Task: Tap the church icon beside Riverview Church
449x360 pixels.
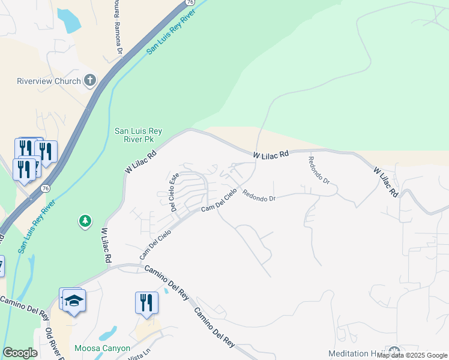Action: [90, 80]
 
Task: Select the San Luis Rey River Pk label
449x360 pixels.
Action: [139, 134]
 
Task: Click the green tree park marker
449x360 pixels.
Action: [85, 221]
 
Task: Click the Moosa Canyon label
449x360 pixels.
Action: [102, 348]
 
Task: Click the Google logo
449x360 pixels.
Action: [20, 353]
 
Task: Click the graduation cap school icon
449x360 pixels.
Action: [74, 300]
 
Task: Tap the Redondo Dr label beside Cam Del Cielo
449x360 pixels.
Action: [259, 196]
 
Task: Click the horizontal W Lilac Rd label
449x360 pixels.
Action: [271, 155]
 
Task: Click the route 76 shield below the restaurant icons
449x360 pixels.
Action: [46, 188]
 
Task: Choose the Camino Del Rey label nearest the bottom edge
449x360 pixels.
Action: [214, 327]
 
